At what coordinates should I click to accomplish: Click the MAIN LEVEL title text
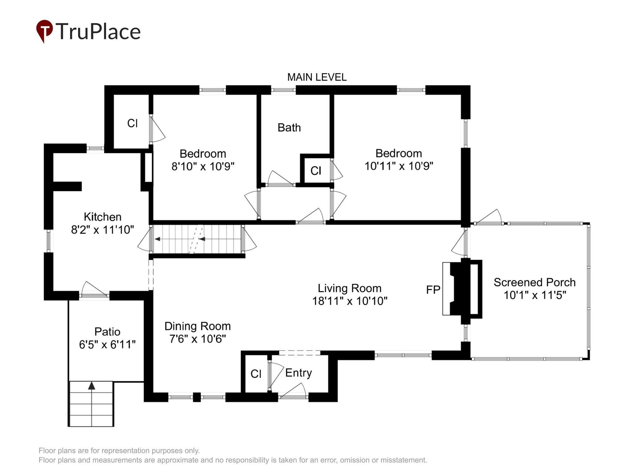coord(317,77)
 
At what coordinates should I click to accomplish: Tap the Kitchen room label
coord(102,217)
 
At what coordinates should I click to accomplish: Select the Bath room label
coord(289,128)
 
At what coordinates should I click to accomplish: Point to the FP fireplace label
coord(433,290)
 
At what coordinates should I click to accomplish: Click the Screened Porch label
coord(534,282)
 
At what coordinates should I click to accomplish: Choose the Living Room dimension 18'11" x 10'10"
coord(350,301)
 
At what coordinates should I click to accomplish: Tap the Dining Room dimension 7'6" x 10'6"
coord(197,339)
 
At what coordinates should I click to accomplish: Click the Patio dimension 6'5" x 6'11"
coord(107,344)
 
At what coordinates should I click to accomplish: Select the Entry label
coord(298,373)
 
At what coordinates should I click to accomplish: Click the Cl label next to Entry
coord(256,374)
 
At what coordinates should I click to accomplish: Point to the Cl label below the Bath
coord(316,171)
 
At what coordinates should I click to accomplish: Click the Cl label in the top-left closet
coord(132,123)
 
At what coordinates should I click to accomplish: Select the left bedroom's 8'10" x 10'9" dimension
coord(203,166)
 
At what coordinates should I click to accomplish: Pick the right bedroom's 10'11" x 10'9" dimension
coord(399,166)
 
